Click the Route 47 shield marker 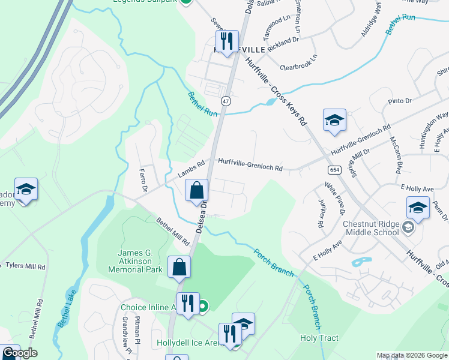[x=226, y=101]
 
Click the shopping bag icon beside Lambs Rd [x=196, y=191]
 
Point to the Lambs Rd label [x=191, y=169]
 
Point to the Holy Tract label [x=319, y=338]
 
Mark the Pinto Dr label [x=400, y=101]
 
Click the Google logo [x=20, y=353]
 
